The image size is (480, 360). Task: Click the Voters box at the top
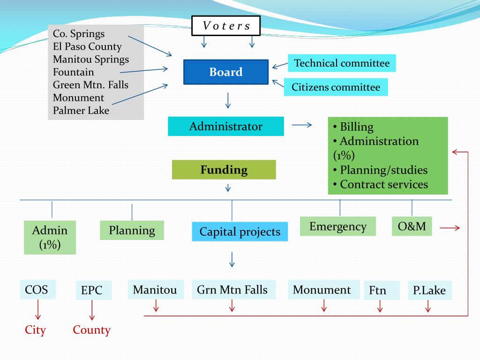click(226, 26)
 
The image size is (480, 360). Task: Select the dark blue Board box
click(226, 72)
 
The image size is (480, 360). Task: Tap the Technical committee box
click(342, 63)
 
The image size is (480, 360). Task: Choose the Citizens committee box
click(336, 87)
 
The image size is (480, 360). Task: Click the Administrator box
click(226, 127)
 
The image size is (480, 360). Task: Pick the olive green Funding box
click(224, 170)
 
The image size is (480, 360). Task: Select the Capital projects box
click(240, 232)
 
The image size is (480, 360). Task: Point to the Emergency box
click(338, 226)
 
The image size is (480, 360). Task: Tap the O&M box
click(412, 226)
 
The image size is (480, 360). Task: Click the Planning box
click(132, 230)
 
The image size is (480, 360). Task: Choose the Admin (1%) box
click(50, 238)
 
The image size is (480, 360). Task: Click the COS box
click(37, 290)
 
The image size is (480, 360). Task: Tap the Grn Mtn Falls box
click(232, 290)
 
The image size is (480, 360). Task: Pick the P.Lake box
click(429, 291)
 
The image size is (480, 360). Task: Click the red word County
click(92, 330)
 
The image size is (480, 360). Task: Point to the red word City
click(36, 330)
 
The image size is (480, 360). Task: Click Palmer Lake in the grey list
click(81, 111)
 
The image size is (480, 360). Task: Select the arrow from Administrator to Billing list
click(302, 125)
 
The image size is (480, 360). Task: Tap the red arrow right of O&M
click(450, 228)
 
